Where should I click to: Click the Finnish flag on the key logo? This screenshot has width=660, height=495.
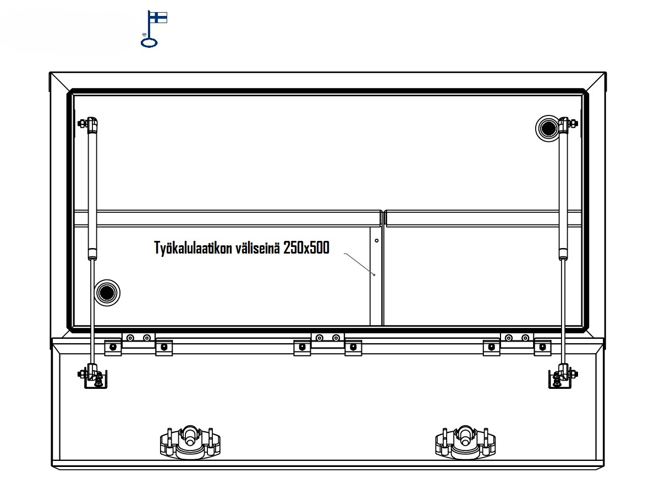pyautogui.click(x=158, y=18)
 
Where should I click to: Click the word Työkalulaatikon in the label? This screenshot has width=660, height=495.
pyautogui.click(x=193, y=248)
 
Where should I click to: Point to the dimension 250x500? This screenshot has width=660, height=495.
pyautogui.click(x=306, y=248)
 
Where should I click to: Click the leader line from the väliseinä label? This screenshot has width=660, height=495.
pyautogui.click(x=359, y=263)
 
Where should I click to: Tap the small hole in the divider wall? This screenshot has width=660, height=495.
pyautogui.click(x=376, y=240)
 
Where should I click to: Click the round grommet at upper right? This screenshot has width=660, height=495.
pyautogui.click(x=548, y=128)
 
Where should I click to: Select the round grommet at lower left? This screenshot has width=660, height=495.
pyautogui.click(x=107, y=293)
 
